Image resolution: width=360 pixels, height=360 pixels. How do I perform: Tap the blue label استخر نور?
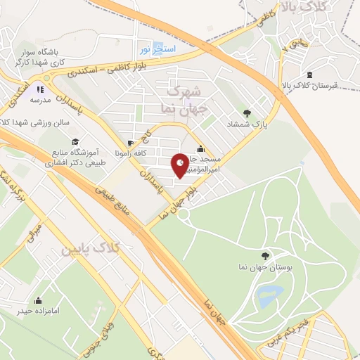pos(154,49)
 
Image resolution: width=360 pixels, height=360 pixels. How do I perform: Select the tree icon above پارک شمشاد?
pos(247,112)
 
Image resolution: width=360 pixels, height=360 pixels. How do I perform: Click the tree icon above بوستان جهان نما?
pos(264,257)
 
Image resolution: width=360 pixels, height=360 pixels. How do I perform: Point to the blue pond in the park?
pos(268,295)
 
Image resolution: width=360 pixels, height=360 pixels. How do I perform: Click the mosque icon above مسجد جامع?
pos(202,148)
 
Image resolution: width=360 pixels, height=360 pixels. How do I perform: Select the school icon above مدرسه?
pos(40,89)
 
